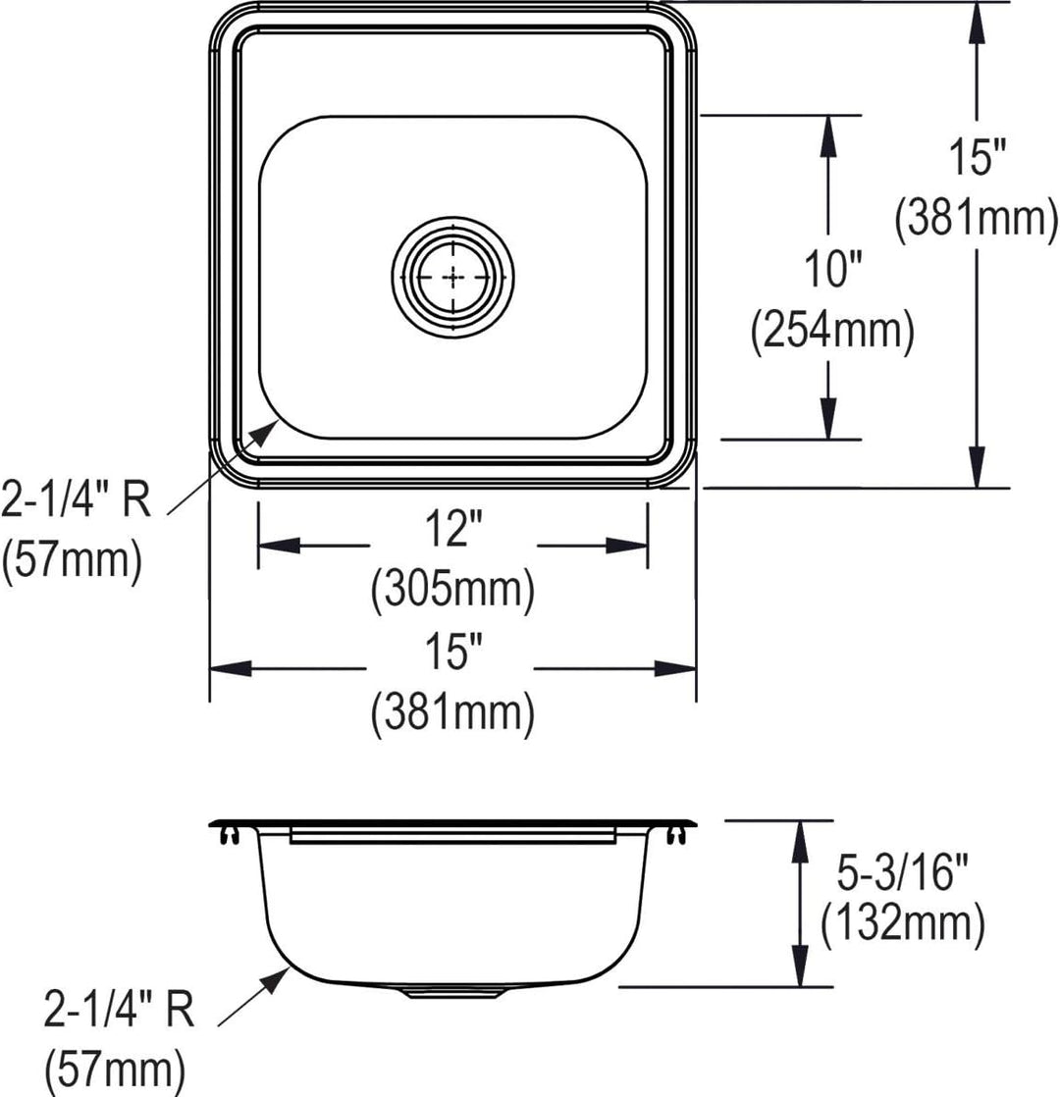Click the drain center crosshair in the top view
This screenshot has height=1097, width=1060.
(453, 278)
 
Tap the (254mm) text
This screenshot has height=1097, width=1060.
(832, 331)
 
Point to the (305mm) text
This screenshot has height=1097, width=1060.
(452, 589)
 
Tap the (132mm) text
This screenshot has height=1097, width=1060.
(903, 923)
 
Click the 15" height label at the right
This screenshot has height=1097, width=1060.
(978, 157)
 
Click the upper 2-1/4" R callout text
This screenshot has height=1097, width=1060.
(76, 498)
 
